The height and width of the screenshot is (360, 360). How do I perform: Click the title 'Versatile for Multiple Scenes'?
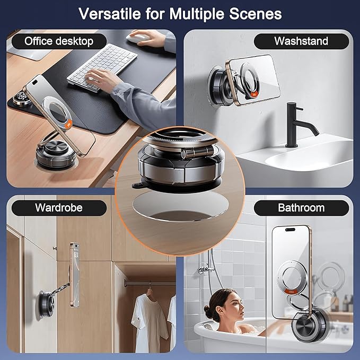coord(180,13)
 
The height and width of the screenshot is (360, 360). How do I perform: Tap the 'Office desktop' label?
coord(58,41)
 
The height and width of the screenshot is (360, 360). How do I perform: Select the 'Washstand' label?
coord(301,41)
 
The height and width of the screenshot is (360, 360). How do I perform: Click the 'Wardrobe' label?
coord(58,207)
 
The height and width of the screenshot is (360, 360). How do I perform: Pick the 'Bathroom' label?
coord(301,207)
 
